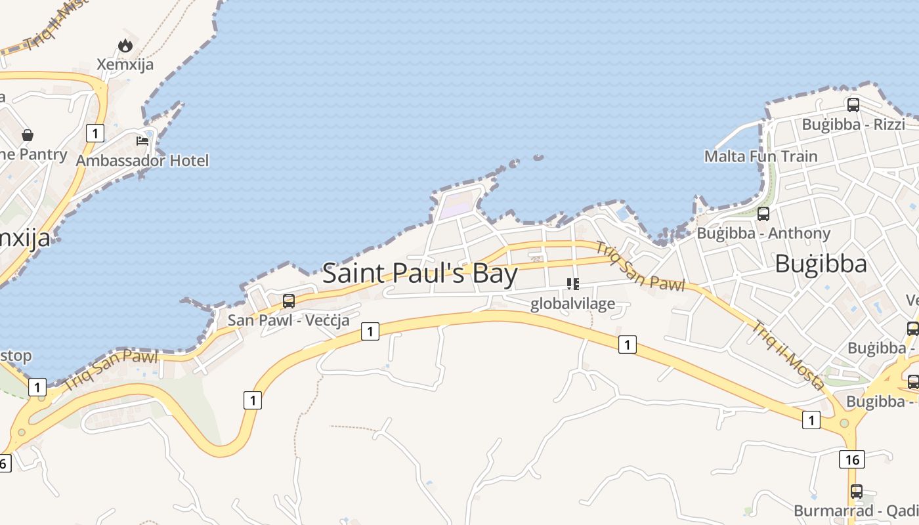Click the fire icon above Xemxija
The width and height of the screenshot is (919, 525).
[x=125, y=45]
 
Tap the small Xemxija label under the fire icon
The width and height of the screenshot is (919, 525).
[x=125, y=64]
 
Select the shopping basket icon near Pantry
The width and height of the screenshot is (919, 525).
[x=28, y=135]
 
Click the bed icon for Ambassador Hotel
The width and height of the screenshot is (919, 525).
[x=142, y=140]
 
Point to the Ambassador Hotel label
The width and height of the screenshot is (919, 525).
[x=142, y=160]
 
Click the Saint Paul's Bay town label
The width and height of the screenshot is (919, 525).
[x=420, y=273]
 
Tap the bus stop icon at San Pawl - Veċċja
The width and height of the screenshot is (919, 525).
[x=289, y=301]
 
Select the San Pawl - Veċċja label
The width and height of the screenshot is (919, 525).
[x=288, y=320]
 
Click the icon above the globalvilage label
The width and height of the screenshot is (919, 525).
[x=573, y=284]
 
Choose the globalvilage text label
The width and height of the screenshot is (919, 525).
[x=572, y=303]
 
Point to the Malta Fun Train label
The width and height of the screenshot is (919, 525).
[x=761, y=156]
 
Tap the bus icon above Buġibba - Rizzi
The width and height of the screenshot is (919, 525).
[x=853, y=104]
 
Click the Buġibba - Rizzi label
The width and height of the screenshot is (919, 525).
[x=853, y=124]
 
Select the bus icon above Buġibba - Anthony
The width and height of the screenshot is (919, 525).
[x=763, y=213]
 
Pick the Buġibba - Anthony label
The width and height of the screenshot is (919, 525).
[x=763, y=233]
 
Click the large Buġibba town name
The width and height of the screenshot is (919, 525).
[x=821, y=264]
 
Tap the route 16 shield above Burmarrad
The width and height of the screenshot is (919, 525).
[x=851, y=459]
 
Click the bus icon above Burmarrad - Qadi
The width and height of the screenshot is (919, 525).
[x=857, y=491]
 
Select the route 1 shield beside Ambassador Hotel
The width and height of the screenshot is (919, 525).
[x=95, y=133]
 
